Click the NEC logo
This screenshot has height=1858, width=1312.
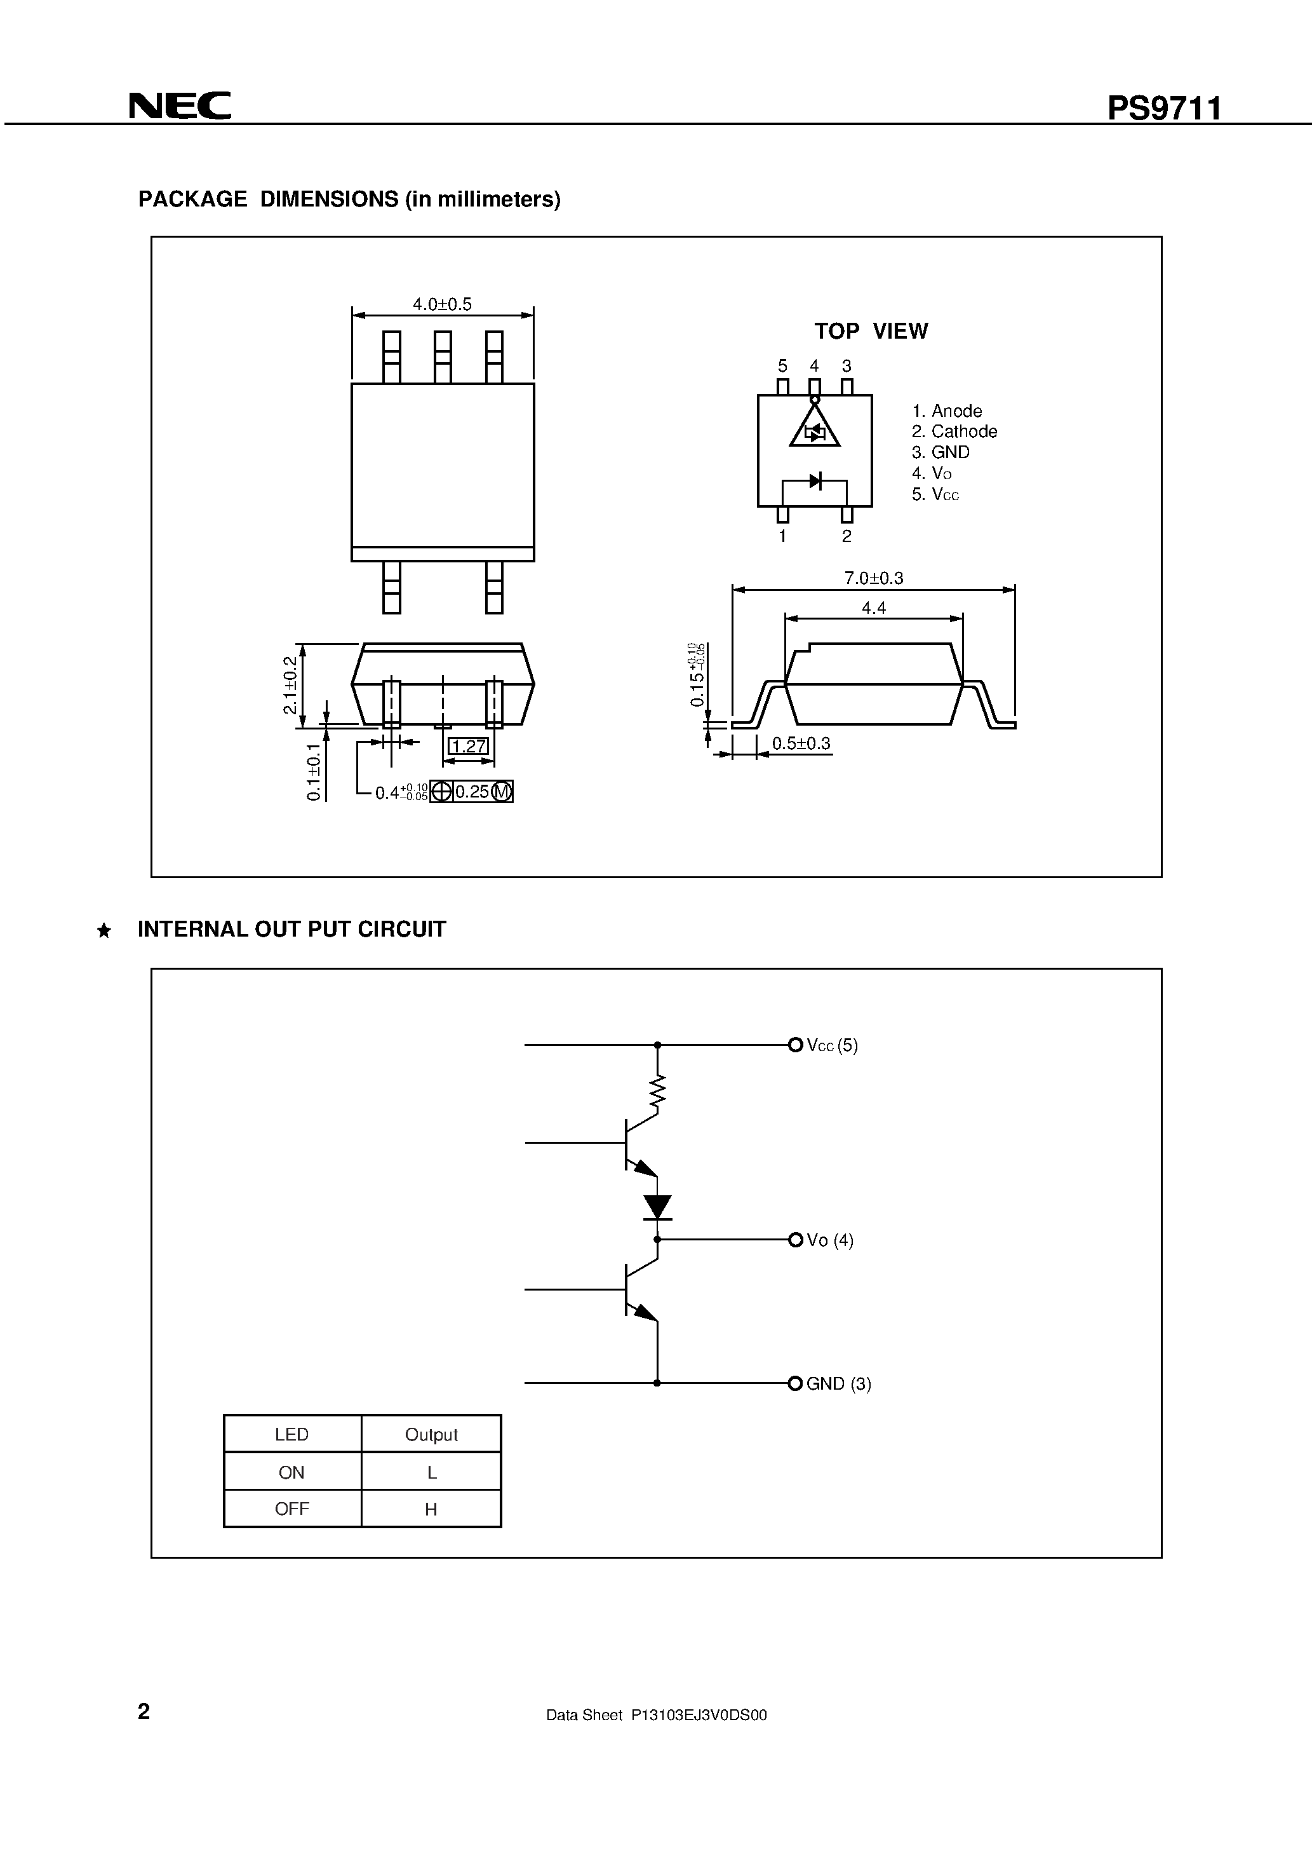coord(180,106)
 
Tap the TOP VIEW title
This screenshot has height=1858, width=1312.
coord(871,331)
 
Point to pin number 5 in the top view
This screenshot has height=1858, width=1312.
coord(782,366)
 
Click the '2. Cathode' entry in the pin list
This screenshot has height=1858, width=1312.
coord(954,431)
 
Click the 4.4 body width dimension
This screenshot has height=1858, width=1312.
coord(874,607)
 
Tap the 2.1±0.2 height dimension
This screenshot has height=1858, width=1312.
coord(290,684)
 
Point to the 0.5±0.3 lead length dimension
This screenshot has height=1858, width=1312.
coord(801,743)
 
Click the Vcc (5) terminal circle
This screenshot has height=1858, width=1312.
coord(794,1045)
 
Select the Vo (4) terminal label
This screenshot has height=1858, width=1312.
coord(830,1240)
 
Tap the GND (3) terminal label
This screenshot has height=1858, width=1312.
coord(838,1384)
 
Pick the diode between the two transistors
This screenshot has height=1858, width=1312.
coord(657,1207)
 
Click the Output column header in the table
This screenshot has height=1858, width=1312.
coord(431,1435)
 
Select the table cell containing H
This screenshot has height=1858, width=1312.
coord(431,1509)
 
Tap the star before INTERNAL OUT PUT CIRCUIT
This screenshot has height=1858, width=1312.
coord(104,931)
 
